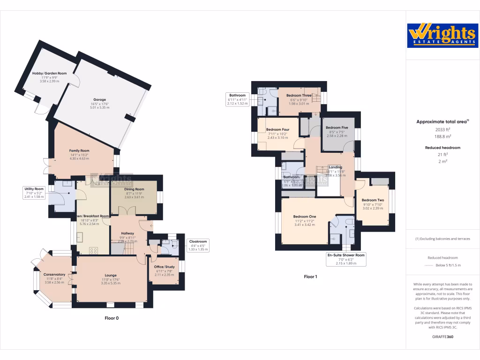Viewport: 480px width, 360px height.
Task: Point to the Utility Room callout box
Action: (33, 192)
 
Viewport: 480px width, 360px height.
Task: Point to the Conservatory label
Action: (54, 274)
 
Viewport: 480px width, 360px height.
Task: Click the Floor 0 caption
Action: (112, 318)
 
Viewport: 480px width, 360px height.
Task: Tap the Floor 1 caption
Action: (310, 277)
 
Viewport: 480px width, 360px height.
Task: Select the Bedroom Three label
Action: (298, 96)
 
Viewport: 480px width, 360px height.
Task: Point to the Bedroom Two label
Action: (373, 200)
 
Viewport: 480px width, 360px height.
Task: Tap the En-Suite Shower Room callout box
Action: (345, 259)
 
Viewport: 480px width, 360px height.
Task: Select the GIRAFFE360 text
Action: (442, 337)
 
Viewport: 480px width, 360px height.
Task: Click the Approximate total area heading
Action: (442, 121)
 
